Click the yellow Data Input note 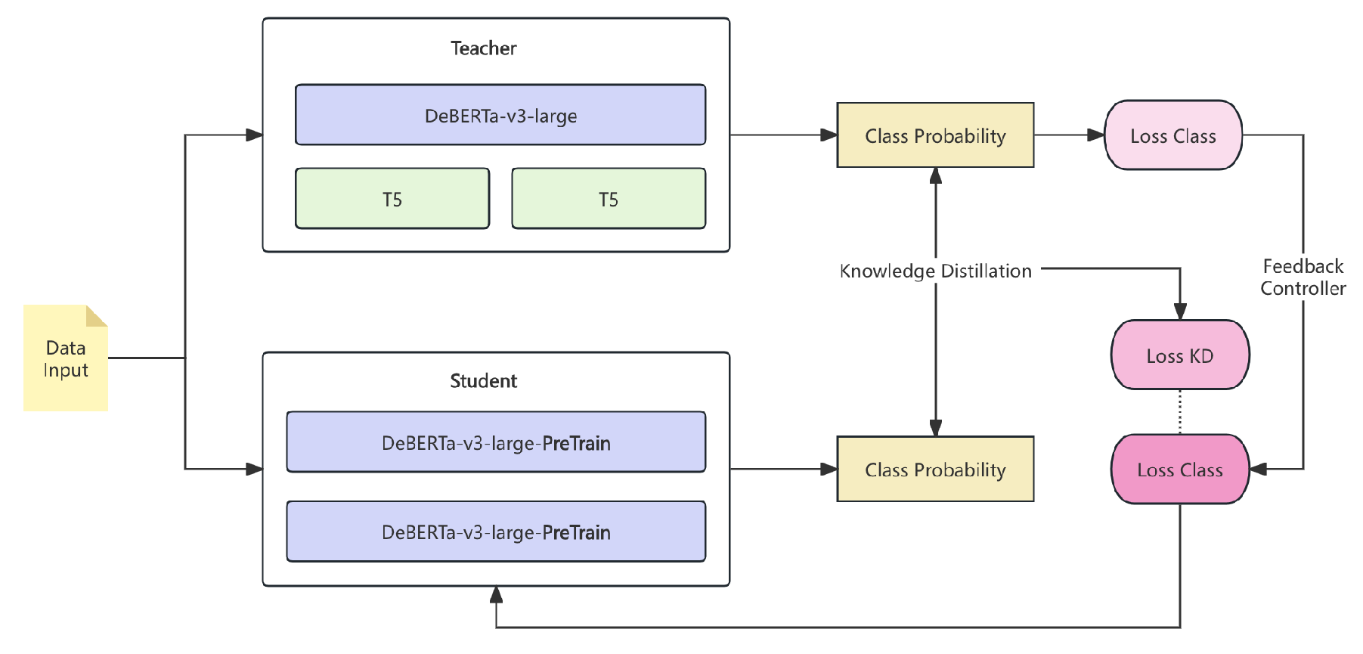[65, 358]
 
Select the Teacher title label [483, 48]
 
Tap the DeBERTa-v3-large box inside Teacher [500, 115]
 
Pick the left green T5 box [392, 199]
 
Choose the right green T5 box [608, 199]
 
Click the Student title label [483, 381]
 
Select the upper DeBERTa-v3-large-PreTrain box [496, 442]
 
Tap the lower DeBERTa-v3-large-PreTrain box [496, 532]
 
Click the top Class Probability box [935, 135]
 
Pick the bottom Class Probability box [935, 470]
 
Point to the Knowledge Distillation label [935, 271]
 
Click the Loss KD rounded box [1179, 355]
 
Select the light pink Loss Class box [1172, 135]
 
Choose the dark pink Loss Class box [1179, 470]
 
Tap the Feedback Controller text [1303, 277]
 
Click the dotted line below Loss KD [1179, 412]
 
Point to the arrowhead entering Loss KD [1179, 312]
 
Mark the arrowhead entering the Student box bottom [496, 595]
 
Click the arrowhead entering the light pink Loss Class [1095, 135]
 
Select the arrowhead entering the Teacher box [254, 135]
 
